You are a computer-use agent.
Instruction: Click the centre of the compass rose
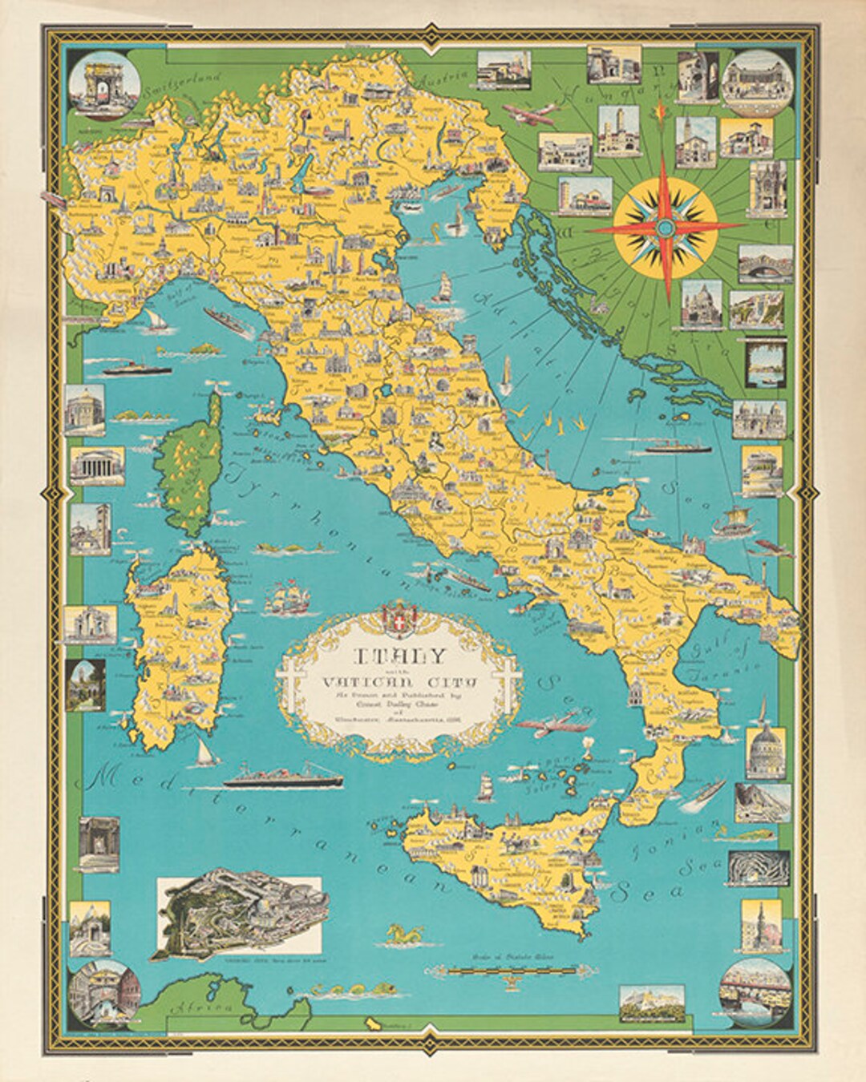665,228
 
